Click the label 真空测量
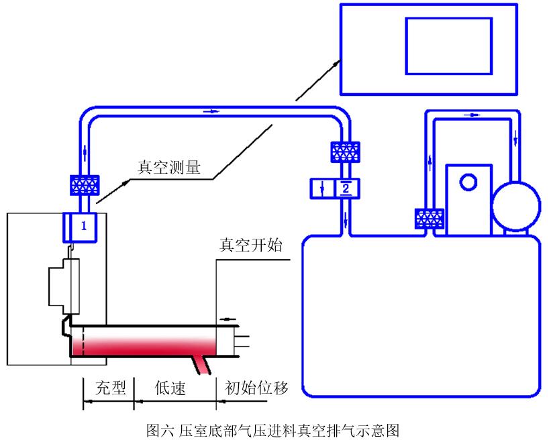[168, 167]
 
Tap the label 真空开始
[251, 245]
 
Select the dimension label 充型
[111, 388]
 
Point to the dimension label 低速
[170, 388]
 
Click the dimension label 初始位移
[256, 388]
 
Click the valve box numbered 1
[80, 227]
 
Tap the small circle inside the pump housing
[468, 182]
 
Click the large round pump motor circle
[516, 207]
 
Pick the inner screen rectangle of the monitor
[449, 46]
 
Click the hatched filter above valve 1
[85, 185]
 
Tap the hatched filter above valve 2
[345, 152]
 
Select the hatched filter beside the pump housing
[430, 219]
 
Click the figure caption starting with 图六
[273, 430]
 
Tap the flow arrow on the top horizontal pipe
[211, 111]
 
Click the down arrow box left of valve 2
[323, 188]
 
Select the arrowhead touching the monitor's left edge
[336, 63]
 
